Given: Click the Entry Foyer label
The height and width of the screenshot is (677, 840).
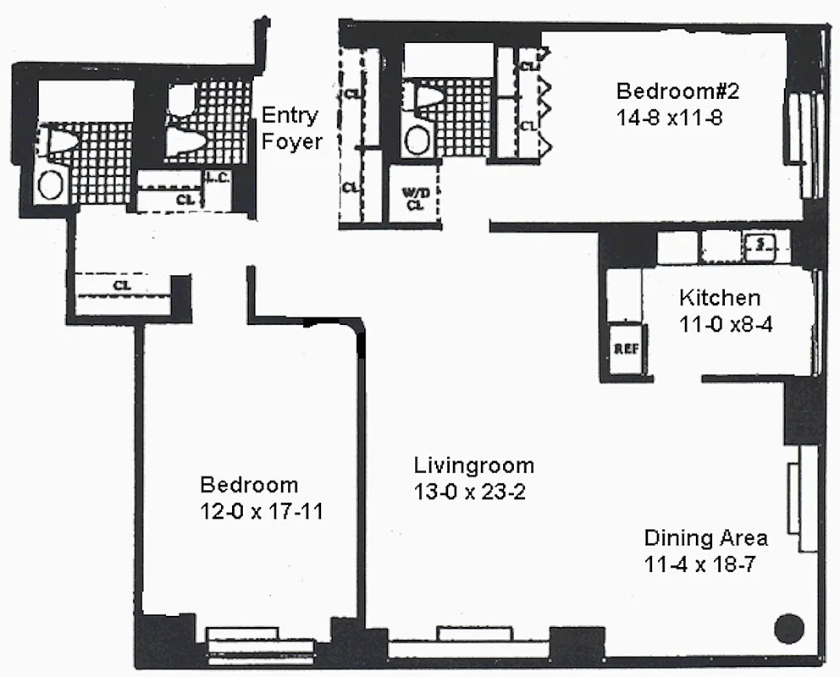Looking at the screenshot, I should [290, 128].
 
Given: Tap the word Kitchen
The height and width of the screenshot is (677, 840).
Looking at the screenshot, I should [720, 298].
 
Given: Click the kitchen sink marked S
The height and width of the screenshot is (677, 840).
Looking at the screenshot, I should [760, 245].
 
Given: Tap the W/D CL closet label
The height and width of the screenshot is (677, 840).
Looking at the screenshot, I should [415, 198].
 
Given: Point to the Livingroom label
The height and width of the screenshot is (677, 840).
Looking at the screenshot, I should [473, 465].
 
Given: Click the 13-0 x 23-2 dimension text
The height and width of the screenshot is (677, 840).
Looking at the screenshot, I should [469, 492].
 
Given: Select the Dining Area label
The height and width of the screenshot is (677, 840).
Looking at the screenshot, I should [705, 537].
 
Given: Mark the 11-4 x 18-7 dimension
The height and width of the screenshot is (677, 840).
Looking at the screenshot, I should [699, 565].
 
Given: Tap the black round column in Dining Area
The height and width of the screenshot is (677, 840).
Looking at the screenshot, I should [788, 628].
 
